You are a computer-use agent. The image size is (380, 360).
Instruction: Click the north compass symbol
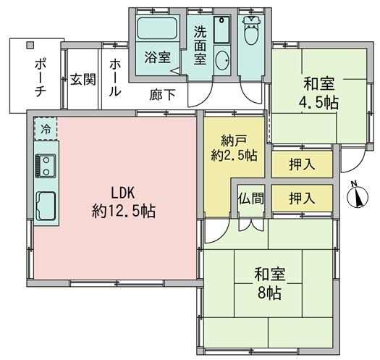(358, 196)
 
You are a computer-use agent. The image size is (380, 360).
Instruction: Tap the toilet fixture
(252, 30)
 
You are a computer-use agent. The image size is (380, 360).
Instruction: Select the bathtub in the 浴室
(157, 28)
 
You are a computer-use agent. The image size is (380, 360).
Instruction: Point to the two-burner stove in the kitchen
(46, 166)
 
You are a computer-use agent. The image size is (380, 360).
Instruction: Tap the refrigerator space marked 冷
(46, 129)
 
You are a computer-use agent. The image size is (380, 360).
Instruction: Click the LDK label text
(122, 193)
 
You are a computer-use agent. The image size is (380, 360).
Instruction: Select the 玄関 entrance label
(83, 80)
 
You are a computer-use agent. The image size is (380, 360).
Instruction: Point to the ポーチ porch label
(41, 78)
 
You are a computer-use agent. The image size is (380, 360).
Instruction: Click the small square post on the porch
(30, 45)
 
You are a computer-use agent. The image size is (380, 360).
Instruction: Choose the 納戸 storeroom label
(234, 141)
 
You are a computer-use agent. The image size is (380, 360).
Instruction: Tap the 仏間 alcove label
(251, 198)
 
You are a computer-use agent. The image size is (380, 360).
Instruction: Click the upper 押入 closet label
(303, 164)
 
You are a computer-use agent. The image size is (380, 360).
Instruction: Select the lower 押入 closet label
(303, 198)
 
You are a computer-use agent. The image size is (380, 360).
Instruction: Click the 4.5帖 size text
(318, 103)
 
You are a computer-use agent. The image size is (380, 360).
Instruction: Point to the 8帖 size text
(269, 293)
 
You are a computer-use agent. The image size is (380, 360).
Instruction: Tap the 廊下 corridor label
(162, 95)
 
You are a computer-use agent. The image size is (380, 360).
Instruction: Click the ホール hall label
(114, 78)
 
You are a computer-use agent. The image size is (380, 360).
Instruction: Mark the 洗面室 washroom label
(200, 45)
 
